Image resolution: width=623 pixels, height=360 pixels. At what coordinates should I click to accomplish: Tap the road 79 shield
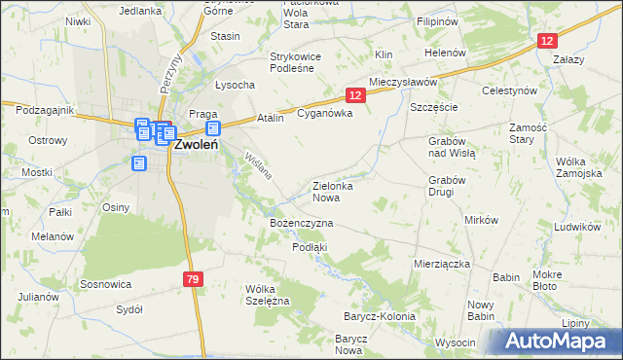pos(193,280)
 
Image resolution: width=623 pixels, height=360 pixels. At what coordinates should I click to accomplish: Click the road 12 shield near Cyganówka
pos(354,94)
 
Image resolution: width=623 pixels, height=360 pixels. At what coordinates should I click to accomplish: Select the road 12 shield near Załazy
pos(549,40)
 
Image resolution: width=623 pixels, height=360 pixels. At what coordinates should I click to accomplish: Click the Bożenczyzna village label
pos(301,224)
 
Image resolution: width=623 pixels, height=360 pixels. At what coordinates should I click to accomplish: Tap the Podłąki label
pos(310,247)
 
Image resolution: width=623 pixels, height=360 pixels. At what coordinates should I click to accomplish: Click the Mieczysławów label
pos(403,83)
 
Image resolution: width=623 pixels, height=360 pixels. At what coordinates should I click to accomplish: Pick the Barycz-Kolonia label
pos(379,317)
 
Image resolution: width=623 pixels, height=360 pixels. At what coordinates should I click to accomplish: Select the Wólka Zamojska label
pos(578,167)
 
